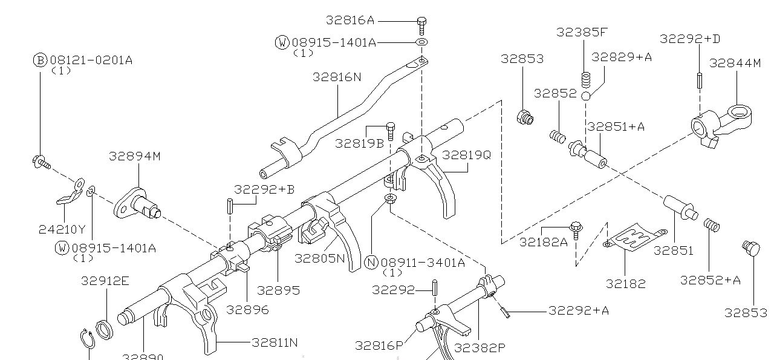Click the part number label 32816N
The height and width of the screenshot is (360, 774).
(x=337, y=77)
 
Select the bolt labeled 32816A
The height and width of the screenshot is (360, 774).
(x=422, y=24)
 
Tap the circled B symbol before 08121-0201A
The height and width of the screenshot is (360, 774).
(x=40, y=60)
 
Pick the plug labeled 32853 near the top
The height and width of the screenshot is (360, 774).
(x=525, y=116)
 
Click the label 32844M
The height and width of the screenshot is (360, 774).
(x=735, y=63)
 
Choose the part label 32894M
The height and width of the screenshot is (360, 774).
(x=135, y=156)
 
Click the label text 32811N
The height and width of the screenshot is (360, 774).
(x=275, y=342)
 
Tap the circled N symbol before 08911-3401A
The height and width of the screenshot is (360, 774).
(x=371, y=262)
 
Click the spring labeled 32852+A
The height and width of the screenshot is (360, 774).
(x=712, y=225)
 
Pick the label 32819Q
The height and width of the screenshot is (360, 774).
(x=466, y=154)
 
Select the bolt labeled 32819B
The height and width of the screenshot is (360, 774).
(x=391, y=130)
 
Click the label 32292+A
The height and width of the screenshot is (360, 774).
(x=579, y=310)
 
